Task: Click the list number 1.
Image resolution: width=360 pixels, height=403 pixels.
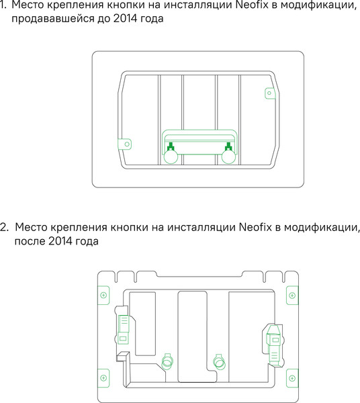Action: pos(3,6)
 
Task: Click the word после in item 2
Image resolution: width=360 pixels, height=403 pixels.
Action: pos(29,241)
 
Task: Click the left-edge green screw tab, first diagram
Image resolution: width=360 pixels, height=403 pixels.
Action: pos(125,143)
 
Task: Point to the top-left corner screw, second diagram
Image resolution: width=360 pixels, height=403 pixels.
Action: pos(103,295)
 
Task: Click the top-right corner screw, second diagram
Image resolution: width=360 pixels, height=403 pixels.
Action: pos(292,295)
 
